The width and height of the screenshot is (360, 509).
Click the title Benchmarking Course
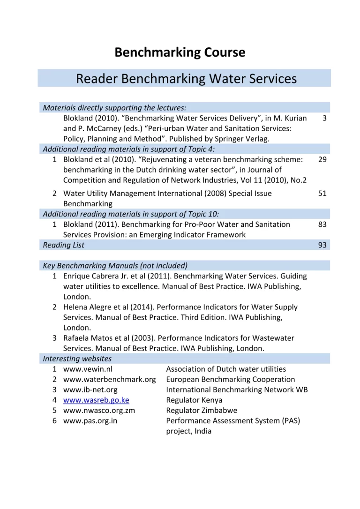click(x=180, y=52)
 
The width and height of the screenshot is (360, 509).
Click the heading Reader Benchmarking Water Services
click(x=186, y=78)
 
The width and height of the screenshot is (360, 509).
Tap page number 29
click(x=322, y=160)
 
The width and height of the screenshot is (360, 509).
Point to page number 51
click(x=322, y=193)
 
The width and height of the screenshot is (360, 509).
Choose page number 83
click(x=322, y=225)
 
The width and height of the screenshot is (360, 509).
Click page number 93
click(x=322, y=245)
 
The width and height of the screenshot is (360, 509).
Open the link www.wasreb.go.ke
click(x=96, y=400)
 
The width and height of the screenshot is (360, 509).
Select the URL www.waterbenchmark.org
click(x=109, y=379)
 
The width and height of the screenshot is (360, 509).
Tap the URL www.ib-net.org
click(x=90, y=389)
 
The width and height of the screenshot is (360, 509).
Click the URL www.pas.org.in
click(x=90, y=420)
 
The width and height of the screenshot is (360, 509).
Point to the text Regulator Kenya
click(x=194, y=400)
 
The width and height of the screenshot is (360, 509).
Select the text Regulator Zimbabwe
click(x=202, y=410)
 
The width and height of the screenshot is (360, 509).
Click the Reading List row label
click(x=64, y=245)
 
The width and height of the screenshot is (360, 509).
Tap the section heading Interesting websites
click(x=77, y=359)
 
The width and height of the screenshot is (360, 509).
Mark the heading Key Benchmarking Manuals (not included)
click(x=115, y=265)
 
